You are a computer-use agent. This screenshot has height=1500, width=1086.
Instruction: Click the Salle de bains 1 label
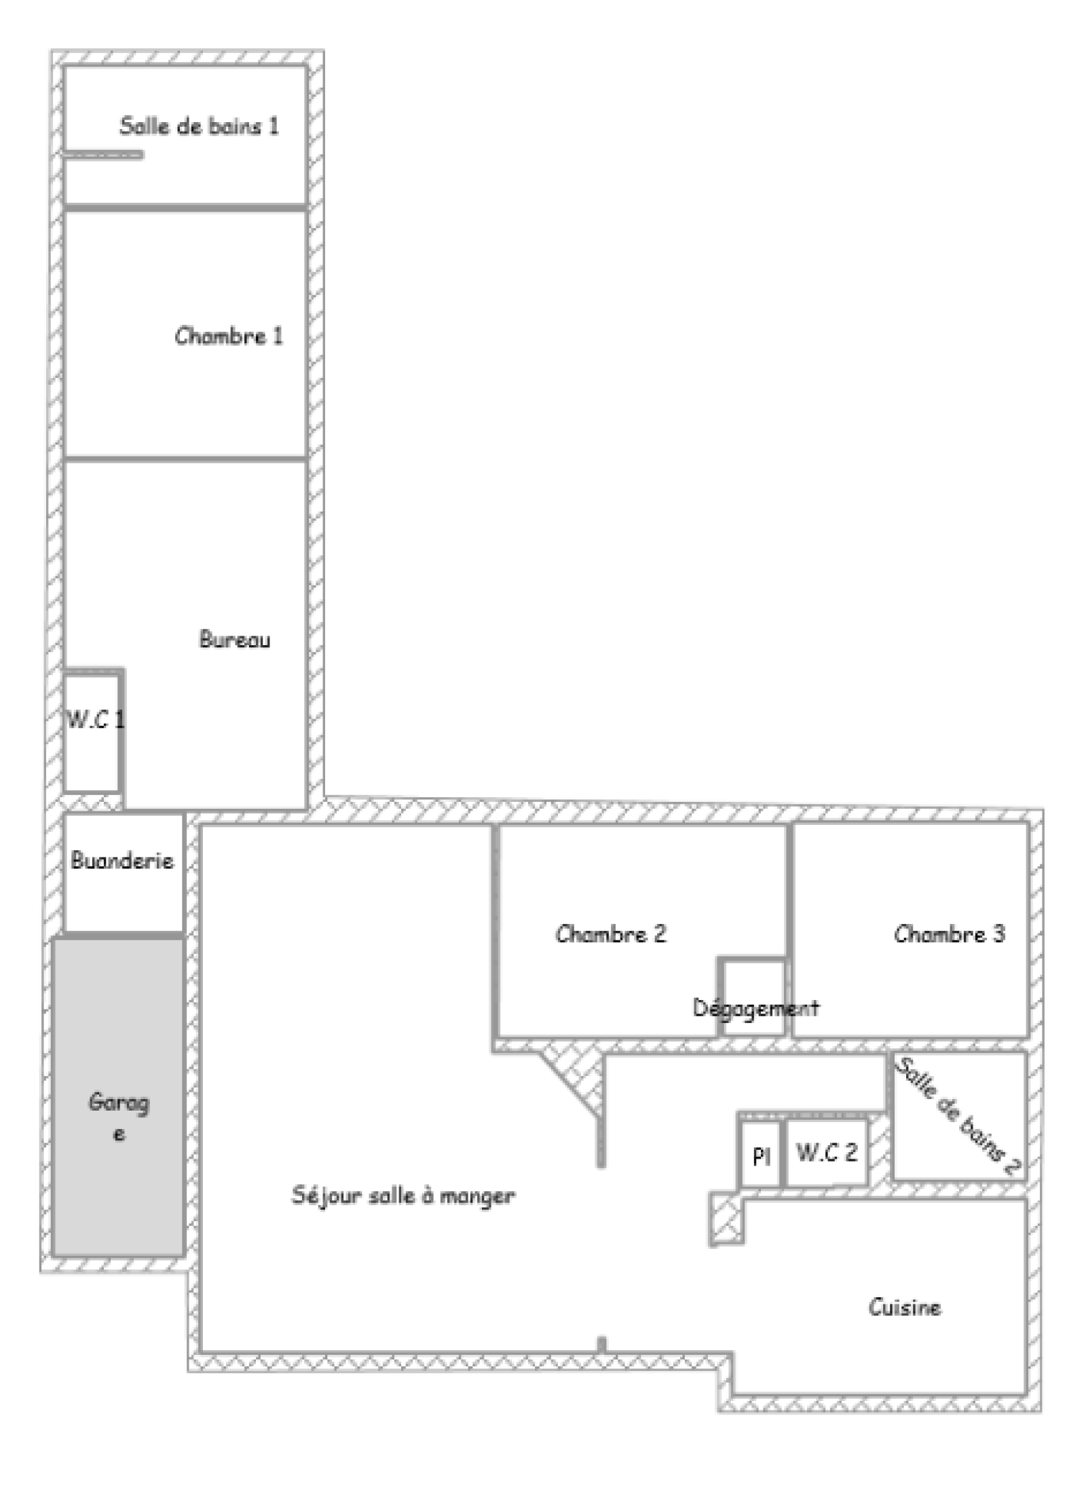tap(199, 126)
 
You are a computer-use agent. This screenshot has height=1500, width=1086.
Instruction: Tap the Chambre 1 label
tap(229, 336)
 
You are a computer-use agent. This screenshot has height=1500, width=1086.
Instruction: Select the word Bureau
tap(234, 639)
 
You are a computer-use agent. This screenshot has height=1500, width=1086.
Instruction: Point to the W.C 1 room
tap(94, 731)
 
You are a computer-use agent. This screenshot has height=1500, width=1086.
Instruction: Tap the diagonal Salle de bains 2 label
tap(958, 1116)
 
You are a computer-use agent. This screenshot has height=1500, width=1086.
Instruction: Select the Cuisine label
tap(905, 1307)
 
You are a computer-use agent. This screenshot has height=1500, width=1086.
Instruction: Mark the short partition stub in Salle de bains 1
tap(103, 155)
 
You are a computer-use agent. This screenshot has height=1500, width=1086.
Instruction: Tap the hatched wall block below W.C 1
tap(93, 801)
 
